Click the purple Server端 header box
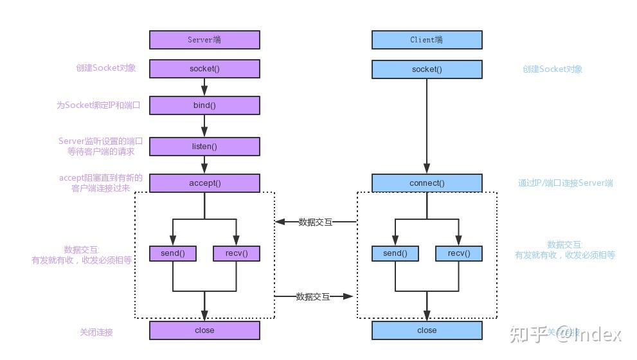pos(204,40)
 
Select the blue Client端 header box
pos(427,40)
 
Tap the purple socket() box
pos(204,69)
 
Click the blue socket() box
pos(427,69)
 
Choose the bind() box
pos(204,105)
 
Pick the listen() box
pos(204,147)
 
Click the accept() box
pos(204,183)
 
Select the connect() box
pos(427,183)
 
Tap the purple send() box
pos(172,253)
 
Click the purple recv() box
pos(237,253)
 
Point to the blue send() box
pos(395,253)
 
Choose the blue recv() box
pos(459,253)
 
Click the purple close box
pos(204,330)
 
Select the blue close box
pos(427,330)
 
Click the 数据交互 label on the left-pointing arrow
pos(315,222)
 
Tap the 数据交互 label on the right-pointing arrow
pos(313,296)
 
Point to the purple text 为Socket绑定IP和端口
pos(98,105)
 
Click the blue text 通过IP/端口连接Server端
pos(565,183)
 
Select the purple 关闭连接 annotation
pos(96,332)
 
